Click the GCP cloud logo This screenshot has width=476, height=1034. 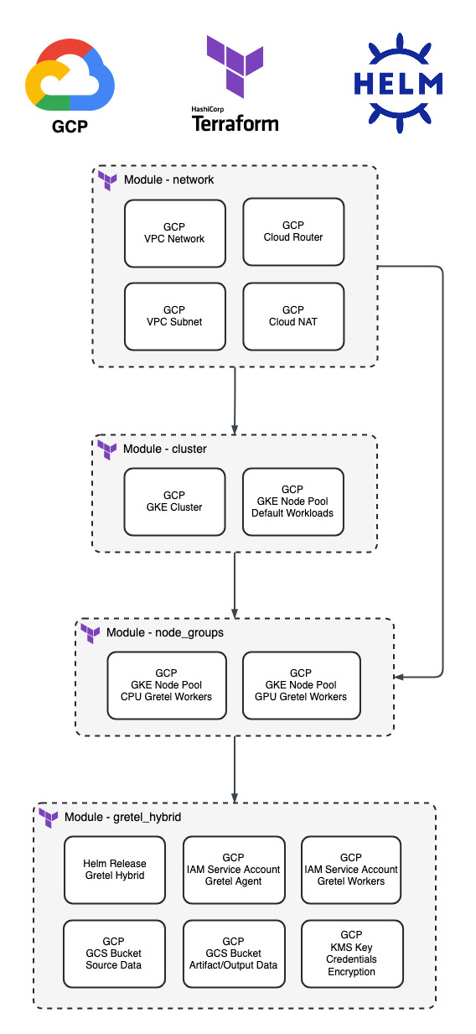point(70,75)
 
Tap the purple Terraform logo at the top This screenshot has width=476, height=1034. point(235,66)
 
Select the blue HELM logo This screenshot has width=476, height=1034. point(399,83)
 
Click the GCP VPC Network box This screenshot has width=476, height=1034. point(175,234)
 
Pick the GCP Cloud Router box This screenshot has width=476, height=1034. point(293,231)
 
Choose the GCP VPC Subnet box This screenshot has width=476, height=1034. point(175,317)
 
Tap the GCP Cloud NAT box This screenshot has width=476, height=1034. point(293,317)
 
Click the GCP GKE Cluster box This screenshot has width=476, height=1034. point(174,501)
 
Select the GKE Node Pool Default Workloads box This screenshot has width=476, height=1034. point(292,501)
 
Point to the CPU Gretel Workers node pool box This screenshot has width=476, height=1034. point(167,685)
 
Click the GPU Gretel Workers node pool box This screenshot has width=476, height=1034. point(301,685)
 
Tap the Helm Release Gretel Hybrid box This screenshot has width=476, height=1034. point(114,870)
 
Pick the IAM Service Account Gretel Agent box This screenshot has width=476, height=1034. point(234,870)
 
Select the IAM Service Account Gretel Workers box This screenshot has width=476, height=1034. point(351,870)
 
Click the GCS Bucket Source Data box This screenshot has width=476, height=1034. point(114,954)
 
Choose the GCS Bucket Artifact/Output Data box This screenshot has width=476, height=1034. point(234,954)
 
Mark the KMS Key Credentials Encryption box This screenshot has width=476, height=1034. point(352,954)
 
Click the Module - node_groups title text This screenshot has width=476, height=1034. point(164,632)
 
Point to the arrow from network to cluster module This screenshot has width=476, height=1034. point(235,401)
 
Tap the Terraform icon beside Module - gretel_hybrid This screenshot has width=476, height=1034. point(48,818)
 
